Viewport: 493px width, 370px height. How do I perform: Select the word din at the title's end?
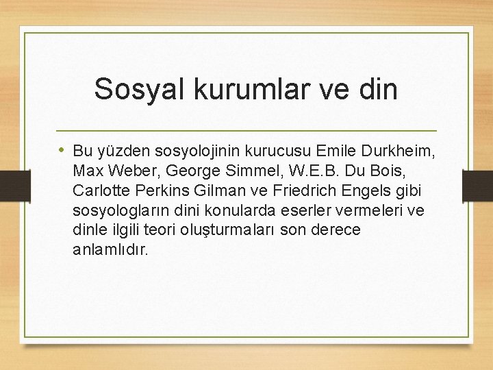[377, 90]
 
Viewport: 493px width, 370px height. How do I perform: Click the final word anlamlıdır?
[110, 249]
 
